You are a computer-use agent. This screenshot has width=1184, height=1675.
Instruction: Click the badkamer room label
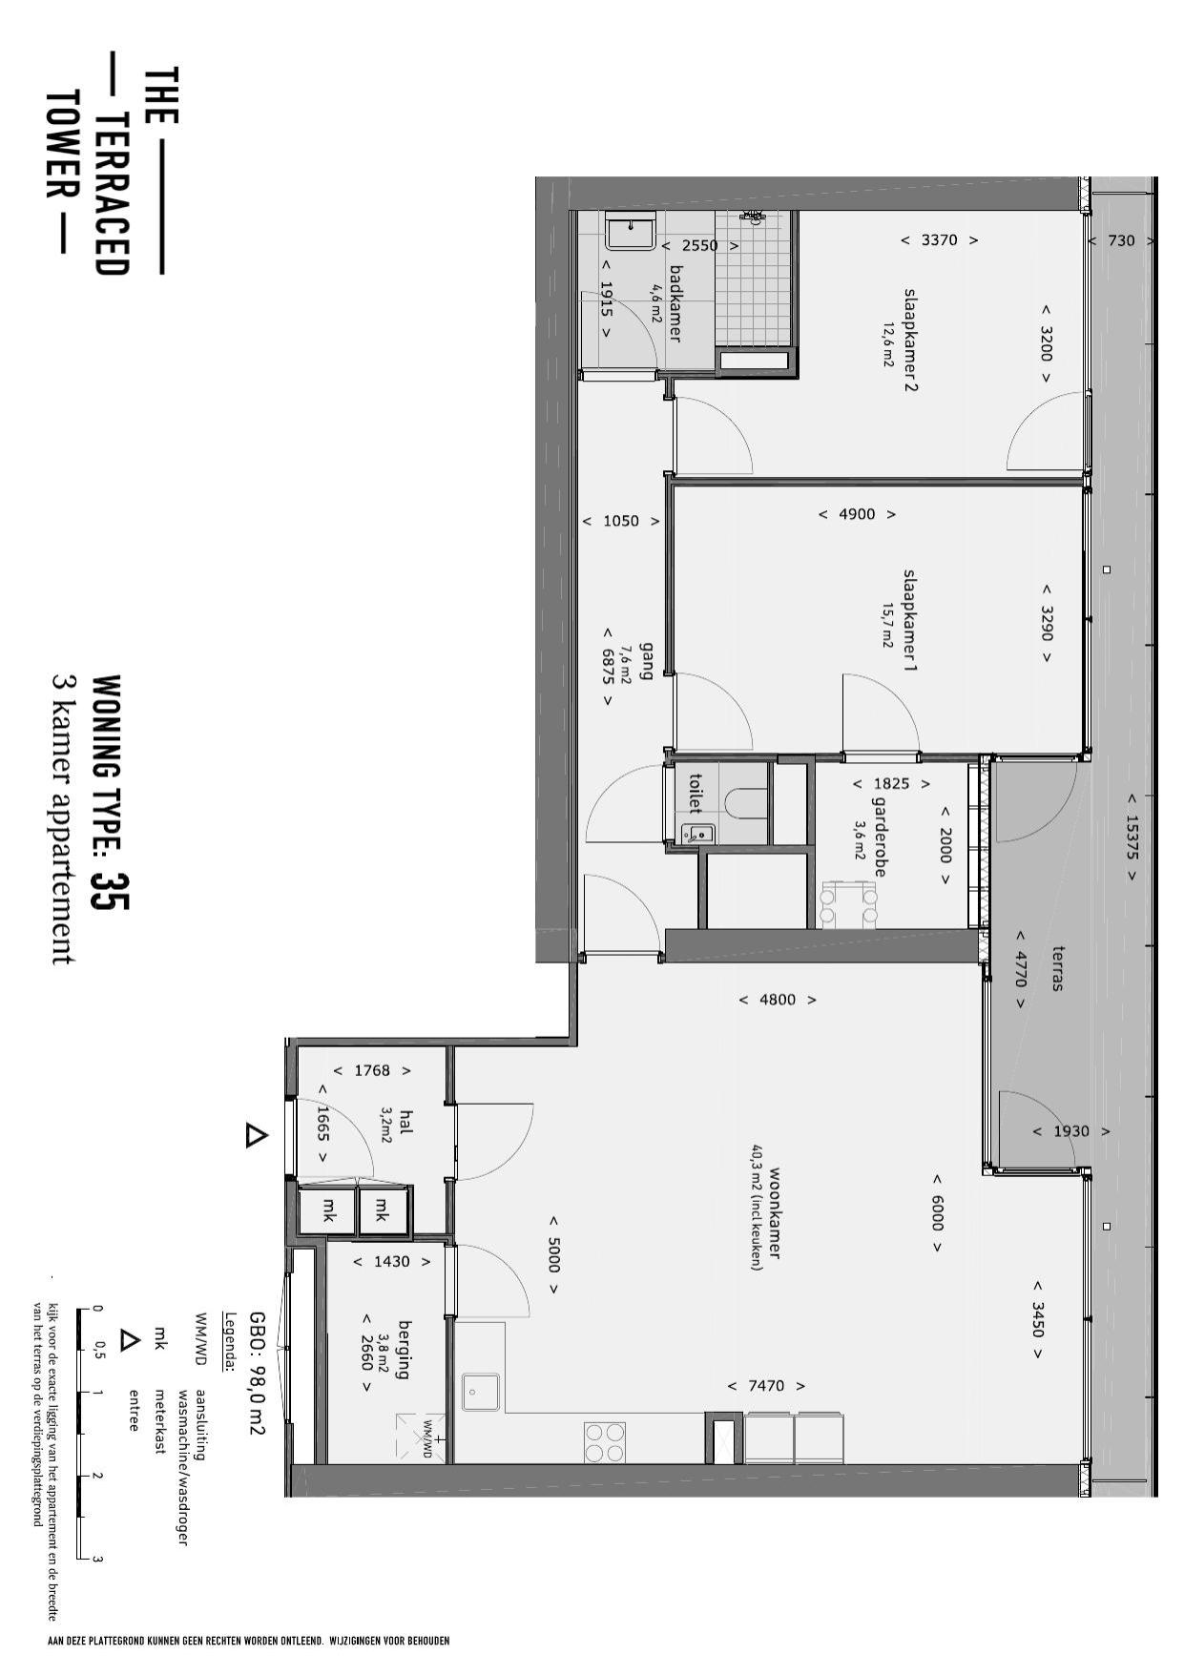point(675,302)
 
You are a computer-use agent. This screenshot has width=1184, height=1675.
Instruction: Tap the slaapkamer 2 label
point(910,339)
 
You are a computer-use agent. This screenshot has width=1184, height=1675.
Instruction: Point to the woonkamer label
point(774,1212)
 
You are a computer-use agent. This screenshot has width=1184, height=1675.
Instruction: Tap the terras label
point(1056,968)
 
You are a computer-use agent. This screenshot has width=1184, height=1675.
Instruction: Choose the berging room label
point(404,1349)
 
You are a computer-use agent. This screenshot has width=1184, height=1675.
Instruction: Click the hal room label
point(406,1122)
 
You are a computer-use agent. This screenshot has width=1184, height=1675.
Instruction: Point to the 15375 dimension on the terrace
point(1132,837)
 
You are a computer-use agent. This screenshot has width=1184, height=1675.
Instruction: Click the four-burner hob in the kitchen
point(605,1442)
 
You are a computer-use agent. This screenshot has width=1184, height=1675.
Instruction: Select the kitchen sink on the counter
point(480,1392)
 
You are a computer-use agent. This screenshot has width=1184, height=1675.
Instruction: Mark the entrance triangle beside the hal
point(255,1136)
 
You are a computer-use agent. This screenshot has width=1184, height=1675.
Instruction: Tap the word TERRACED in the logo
point(113,195)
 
